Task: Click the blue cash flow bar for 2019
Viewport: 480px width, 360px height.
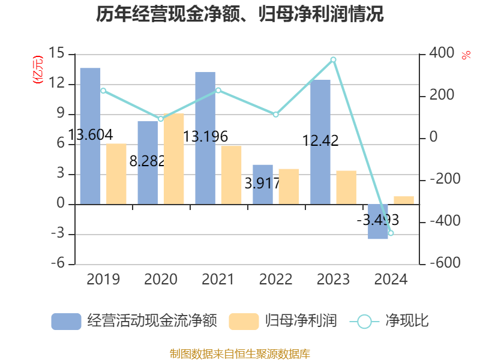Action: click(x=90, y=136)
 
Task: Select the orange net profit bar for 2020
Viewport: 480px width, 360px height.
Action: click(x=174, y=159)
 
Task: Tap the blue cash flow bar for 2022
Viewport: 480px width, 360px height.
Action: click(x=263, y=184)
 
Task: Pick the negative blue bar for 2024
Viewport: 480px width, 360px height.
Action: click(x=378, y=222)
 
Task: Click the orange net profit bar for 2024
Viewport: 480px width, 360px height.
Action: click(x=404, y=200)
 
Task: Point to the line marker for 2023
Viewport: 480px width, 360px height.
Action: click(x=333, y=59)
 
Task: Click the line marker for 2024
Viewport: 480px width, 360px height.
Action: click(x=391, y=233)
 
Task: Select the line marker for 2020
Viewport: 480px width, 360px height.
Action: click(x=161, y=119)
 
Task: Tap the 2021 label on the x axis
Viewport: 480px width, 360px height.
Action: click(x=218, y=280)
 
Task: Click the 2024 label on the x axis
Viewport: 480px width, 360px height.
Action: click(x=391, y=280)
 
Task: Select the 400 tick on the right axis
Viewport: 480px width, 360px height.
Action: click(x=442, y=53)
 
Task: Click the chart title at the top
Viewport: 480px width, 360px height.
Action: click(x=240, y=14)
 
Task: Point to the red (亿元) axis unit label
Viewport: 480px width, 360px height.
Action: click(x=38, y=70)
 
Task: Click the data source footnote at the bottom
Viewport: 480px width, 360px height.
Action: click(x=240, y=353)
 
